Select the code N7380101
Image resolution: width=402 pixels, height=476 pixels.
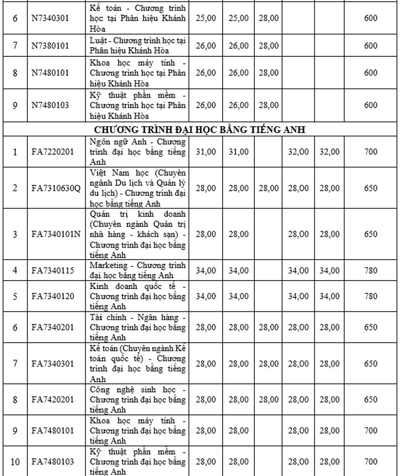coord(49,46)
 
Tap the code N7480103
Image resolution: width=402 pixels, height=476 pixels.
coord(49,105)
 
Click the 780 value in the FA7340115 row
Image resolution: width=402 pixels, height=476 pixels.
coord(370,270)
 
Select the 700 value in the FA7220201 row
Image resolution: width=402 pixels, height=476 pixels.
coord(370,151)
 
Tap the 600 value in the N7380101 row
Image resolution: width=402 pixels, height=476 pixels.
coord(370,46)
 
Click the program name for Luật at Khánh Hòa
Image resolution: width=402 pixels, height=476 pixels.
coord(138,46)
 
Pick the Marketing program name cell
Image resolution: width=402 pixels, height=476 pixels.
coord(138,270)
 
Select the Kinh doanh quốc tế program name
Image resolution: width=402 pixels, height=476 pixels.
coord(138,296)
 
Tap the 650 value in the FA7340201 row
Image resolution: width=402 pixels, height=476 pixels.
coord(370,327)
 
